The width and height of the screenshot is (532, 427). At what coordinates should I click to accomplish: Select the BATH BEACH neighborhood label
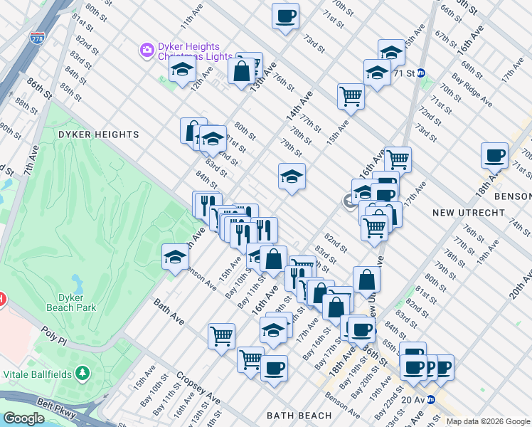tap(299, 415)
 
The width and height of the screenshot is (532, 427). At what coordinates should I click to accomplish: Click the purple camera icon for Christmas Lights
tap(147, 49)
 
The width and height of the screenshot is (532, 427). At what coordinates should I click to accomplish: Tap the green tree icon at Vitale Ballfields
tap(83, 372)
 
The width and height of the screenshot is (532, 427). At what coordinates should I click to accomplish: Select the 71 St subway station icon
tap(421, 73)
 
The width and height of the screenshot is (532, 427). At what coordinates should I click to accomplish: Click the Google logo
tap(23, 418)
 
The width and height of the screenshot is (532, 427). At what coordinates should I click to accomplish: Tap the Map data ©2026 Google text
tap(487, 421)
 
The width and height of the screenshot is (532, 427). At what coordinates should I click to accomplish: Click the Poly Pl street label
tap(53, 336)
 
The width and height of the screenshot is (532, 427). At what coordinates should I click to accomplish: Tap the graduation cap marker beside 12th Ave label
tap(183, 70)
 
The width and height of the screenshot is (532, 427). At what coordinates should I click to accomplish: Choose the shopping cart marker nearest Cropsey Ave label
tap(221, 334)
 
